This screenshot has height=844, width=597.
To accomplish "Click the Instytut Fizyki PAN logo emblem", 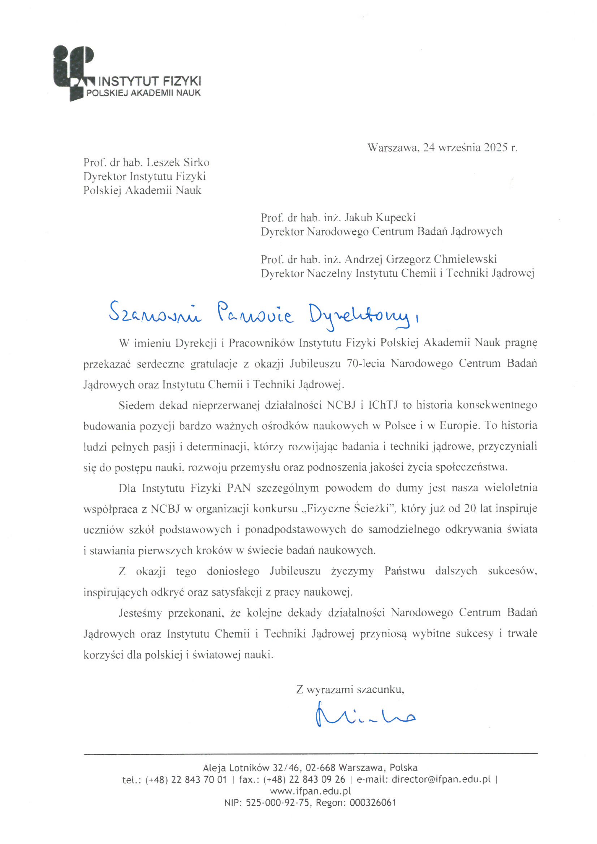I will click(73, 72).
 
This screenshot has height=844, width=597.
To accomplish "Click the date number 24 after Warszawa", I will click(429, 148).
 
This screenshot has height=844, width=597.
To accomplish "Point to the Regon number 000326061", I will click(373, 803).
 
